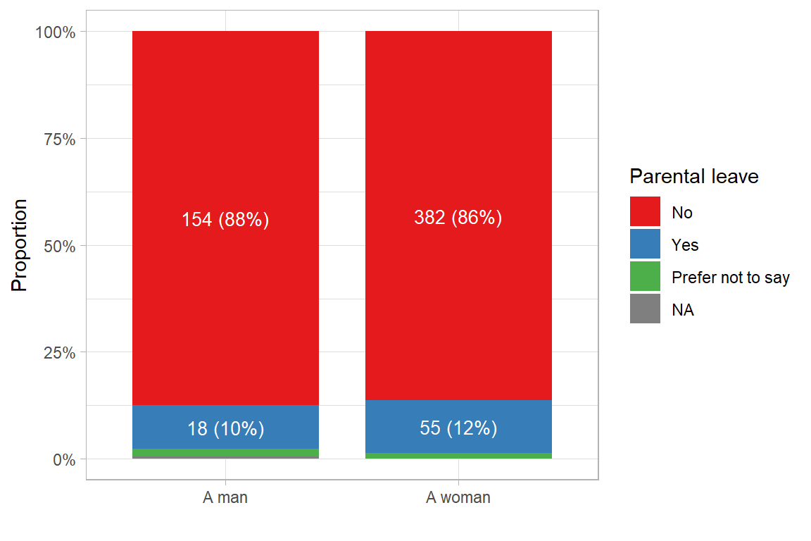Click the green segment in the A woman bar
458,456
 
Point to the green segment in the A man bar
225,452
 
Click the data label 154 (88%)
225,220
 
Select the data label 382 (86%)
458,218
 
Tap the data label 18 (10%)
225,428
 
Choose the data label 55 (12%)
458,428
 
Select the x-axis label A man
225,498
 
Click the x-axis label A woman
458,498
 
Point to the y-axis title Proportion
20,245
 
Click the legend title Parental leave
693,176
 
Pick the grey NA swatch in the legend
645,309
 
